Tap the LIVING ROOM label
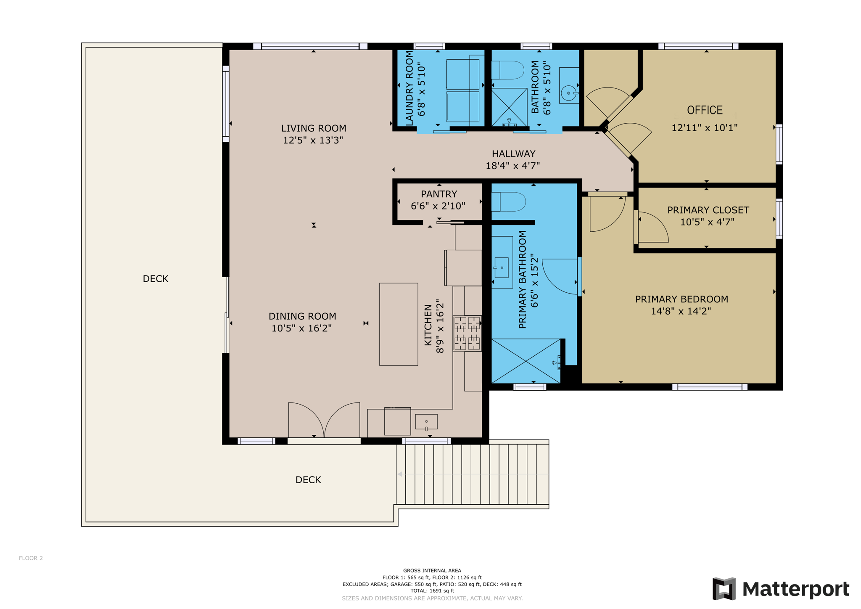click(x=314, y=128)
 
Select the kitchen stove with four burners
click(x=467, y=333)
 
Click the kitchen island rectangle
click(x=399, y=324)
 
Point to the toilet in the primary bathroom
click(x=509, y=202)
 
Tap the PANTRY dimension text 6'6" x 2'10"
click(x=438, y=206)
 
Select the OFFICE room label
click(x=705, y=110)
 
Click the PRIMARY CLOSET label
click(x=708, y=210)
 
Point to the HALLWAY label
click(x=513, y=154)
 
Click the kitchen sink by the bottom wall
click(x=426, y=422)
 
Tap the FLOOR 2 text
click(x=31, y=558)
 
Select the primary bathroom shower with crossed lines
click(x=526, y=361)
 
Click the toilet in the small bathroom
click(x=507, y=70)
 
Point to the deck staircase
click(x=472, y=474)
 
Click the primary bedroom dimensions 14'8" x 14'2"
click(x=681, y=311)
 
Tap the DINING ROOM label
click(x=302, y=316)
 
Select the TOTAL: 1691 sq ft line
click(x=432, y=591)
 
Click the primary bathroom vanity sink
click(x=502, y=267)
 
